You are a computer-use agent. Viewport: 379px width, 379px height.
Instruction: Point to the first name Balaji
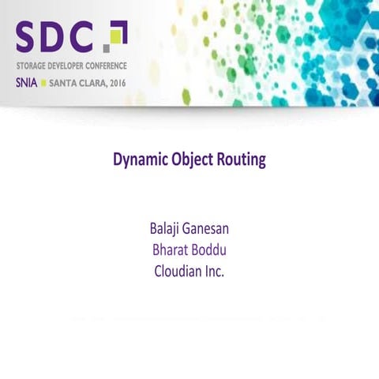point(167,230)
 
